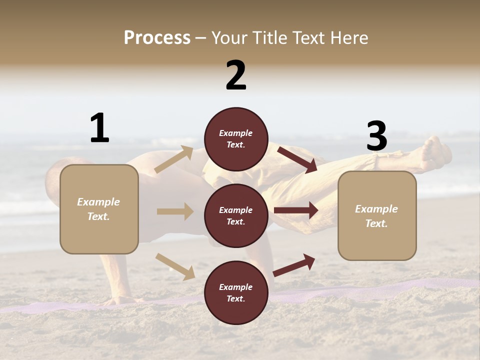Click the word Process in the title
(157, 37)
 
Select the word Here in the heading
(349, 37)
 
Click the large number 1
(99, 128)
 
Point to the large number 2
(236, 75)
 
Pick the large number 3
(376, 136)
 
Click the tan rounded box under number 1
(99, 209)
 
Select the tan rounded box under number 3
(377, 216)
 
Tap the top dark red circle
(236, 139)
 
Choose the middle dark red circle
(236, 215)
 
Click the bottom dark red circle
(236, 292)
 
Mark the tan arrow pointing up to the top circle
(174, 159)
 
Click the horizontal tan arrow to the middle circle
(175, 211)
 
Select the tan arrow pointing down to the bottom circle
(175, 266)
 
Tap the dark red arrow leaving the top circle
(297, 159)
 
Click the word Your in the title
(229, 37)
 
